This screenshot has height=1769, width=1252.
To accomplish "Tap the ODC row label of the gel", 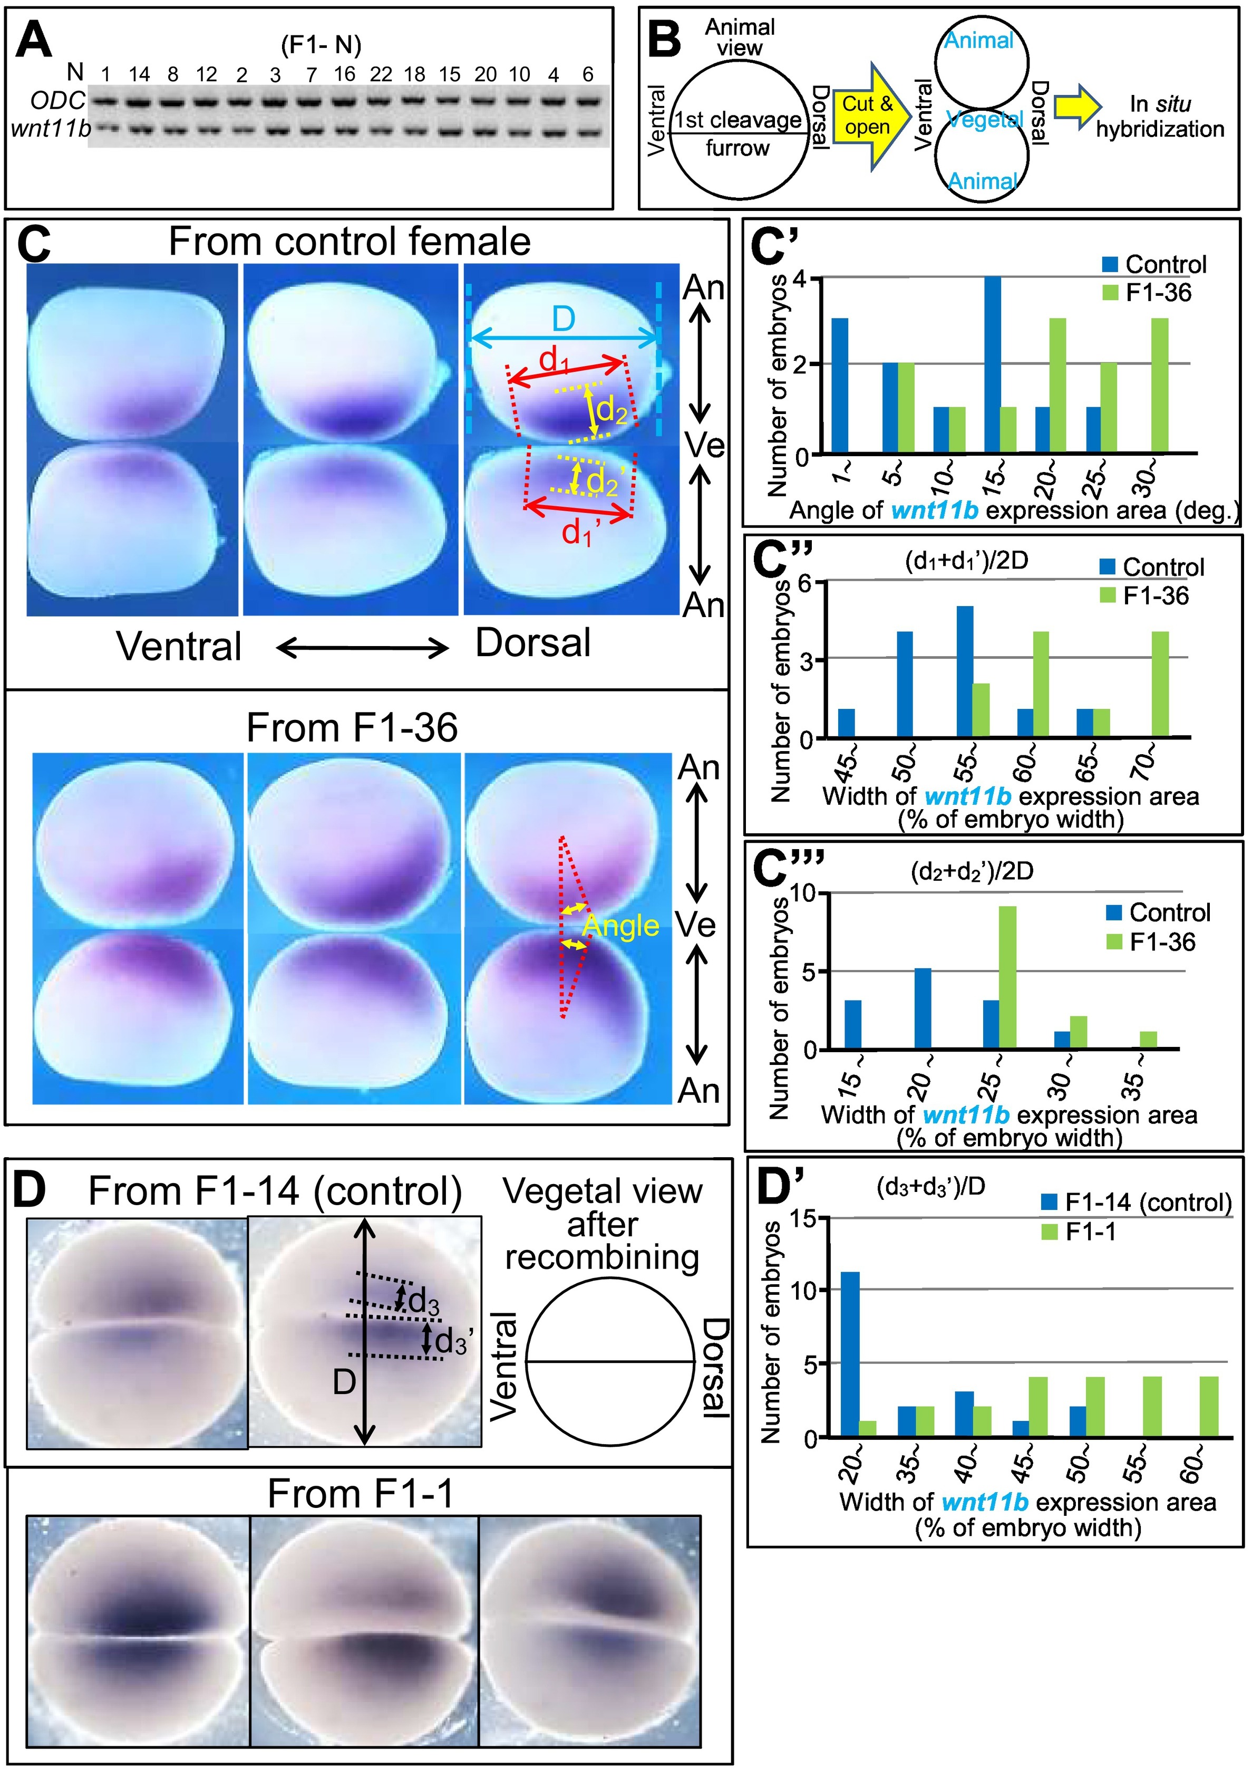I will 58,100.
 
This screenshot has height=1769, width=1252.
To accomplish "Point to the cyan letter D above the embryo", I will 564,319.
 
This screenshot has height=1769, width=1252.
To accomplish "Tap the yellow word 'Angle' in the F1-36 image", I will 620,925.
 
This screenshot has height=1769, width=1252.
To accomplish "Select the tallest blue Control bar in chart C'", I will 993,365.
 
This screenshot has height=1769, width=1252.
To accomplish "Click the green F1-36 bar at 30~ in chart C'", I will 1160,385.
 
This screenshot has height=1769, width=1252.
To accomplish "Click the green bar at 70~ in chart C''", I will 1160,684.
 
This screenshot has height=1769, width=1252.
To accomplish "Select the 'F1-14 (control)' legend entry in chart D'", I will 1137,1202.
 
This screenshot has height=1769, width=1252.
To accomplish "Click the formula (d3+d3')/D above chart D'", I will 930,1188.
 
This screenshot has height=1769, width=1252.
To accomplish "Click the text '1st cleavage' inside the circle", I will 738,120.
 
